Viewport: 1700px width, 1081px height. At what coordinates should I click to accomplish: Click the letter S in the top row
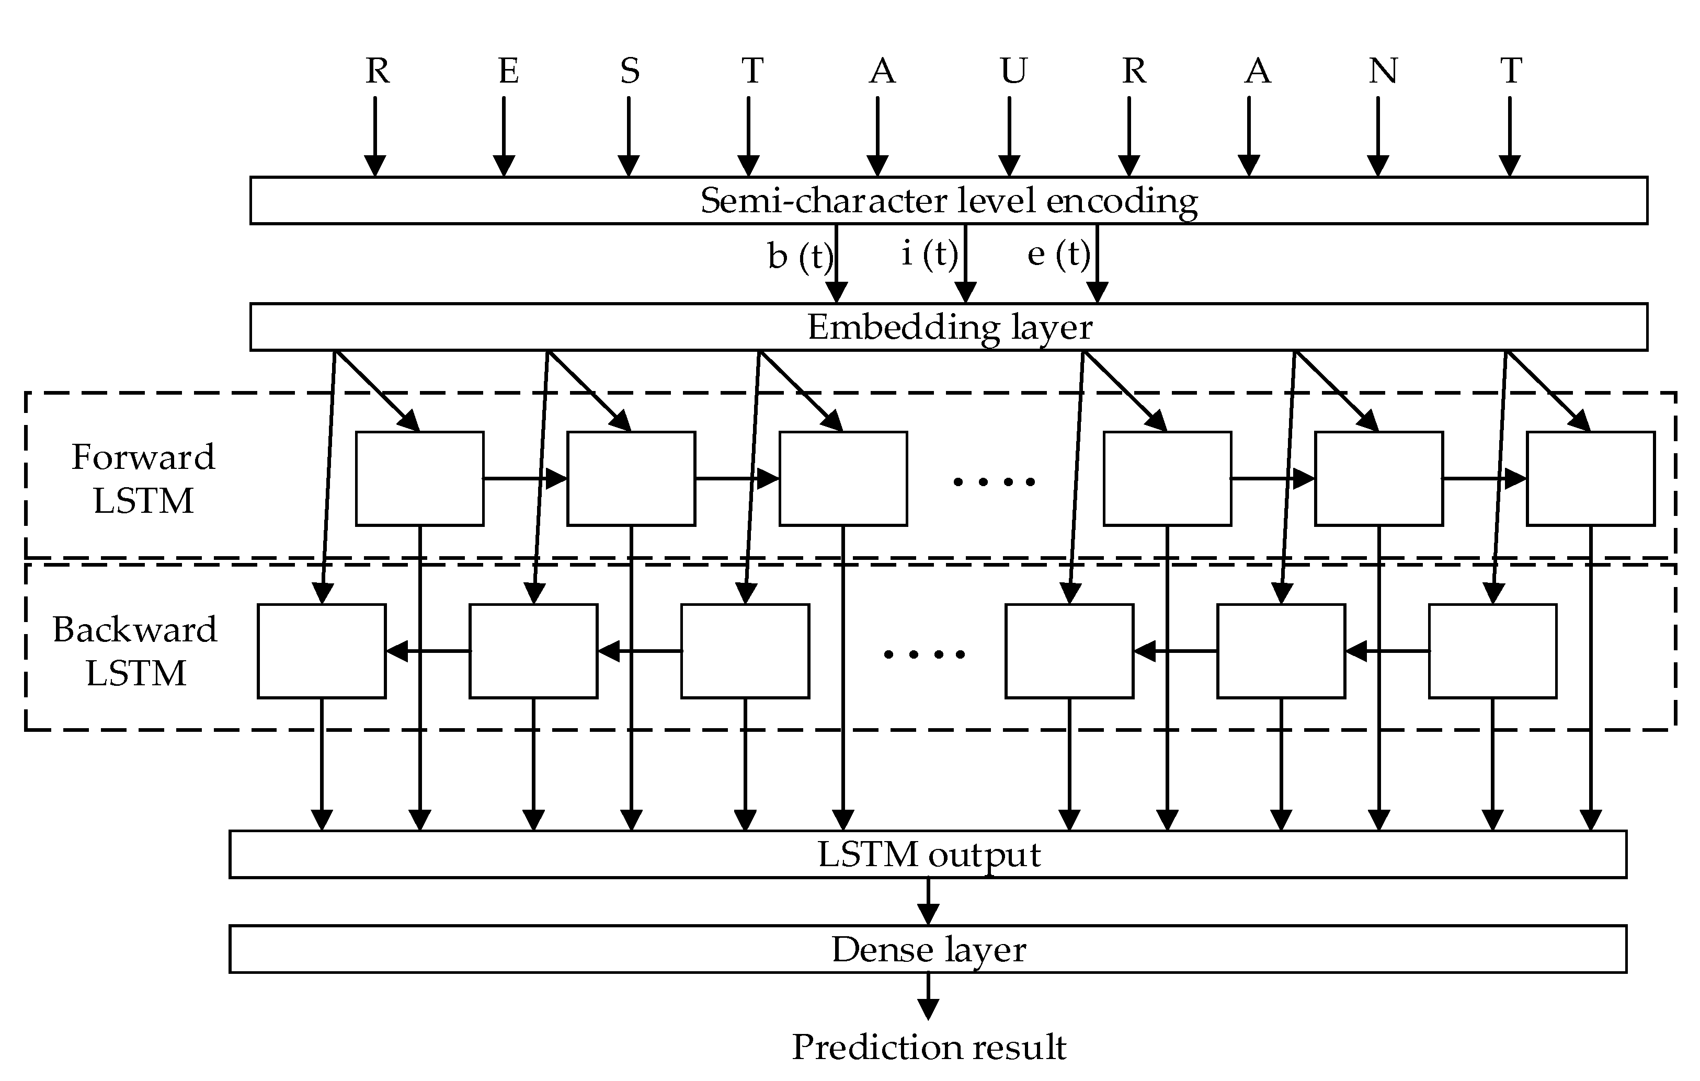tap(630, 71)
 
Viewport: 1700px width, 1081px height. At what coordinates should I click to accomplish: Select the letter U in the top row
tap(1013, 71)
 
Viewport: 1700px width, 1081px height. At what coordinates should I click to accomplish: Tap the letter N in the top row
tap(1382, 71)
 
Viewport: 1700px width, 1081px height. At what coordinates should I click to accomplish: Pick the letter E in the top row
tap(508, 71)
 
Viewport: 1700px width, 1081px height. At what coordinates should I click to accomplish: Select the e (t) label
tap(1057, 254)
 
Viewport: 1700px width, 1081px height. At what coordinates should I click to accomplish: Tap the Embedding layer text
tap(949, 327)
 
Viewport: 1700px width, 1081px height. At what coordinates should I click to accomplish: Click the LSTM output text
tap(928, 855)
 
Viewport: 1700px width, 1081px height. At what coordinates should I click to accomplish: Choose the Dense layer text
tap(928, 949)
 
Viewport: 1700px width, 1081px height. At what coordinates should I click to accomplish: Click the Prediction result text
tap(928, 1047)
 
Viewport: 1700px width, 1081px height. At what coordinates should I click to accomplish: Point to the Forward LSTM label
tap(143, 478)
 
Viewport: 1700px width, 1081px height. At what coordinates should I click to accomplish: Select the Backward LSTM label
tap(135, 651)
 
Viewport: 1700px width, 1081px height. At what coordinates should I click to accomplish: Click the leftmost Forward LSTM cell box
tap(419, 478)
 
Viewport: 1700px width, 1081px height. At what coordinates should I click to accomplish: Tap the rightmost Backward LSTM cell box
tap(1492, 651)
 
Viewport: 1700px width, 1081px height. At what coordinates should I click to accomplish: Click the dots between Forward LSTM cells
tap(994, 482)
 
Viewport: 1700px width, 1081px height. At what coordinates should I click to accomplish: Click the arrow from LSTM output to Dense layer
tap(928, 902)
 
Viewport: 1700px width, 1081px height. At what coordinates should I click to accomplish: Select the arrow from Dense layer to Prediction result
tap(928, 996)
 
